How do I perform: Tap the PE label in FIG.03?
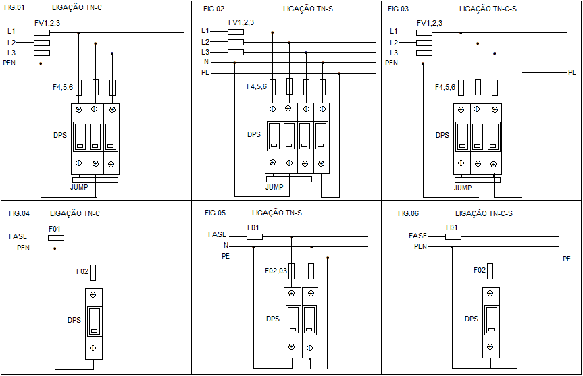pyautogui.click(x=572, y=72)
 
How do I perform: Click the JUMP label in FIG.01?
pyautogui.click(x=80, y=186)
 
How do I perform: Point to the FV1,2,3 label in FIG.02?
pyautogui.click(x=241, y=23)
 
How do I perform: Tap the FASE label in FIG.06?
pyautogui.click(x=418, y=236)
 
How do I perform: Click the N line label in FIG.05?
pyautogui.click(x=226, y=246)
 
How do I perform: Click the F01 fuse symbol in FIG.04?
pyautogui.click(x=57, y=238)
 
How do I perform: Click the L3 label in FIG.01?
pyautogui.click(x=11, y=53)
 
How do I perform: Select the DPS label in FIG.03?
pyautogui.click(x=442, y=135)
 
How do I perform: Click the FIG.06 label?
pyautogui.click(x=408, y=213)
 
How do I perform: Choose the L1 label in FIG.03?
pyautogui.click(x=394, y=31)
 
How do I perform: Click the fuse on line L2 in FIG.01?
pyautogui.click(x=42, y=43)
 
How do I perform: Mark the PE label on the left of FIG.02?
pyautogui.click(x=206, y=72)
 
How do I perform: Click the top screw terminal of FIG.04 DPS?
pyautogui.click(x=93, y=296)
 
